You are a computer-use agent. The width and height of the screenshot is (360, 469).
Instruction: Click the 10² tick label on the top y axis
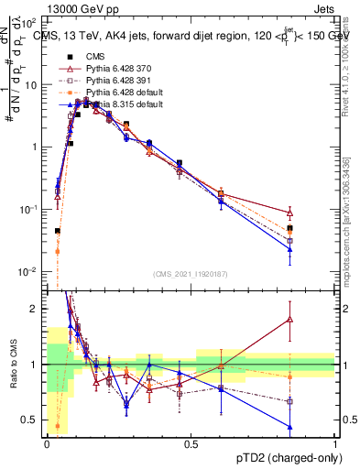click(29, 21)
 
